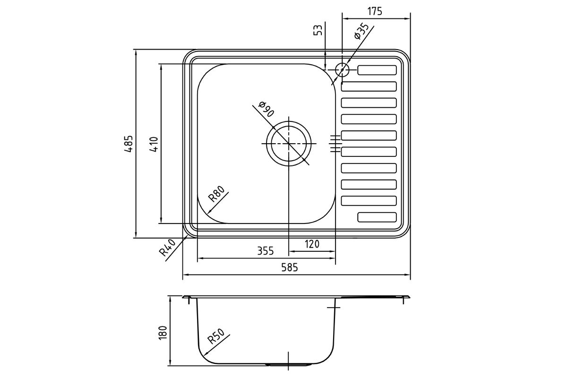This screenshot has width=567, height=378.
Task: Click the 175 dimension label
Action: (375, 11)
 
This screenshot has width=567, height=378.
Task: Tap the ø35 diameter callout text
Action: (362, 31)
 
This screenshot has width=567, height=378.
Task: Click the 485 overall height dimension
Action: (129, 144)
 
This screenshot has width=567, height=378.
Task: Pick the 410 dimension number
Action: (154, 144)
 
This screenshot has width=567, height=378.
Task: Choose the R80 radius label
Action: (216, 194)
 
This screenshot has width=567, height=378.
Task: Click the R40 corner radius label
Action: (167, 248)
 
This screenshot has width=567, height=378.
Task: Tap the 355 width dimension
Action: (266, 251)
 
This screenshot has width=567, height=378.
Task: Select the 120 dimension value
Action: (312, 244)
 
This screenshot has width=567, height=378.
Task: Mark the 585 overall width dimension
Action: (290, 267)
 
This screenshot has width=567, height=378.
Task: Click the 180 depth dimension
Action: (163, 333)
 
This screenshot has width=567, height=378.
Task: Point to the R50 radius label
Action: (216, 336)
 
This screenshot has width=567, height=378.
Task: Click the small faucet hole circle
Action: (342, 69)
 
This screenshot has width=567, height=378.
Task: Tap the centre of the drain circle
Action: (289, 144)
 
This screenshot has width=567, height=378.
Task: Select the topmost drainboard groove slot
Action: (377, 70)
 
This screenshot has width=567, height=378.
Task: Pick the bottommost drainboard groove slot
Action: (377, 217)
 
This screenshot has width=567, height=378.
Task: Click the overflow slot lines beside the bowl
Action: (335, 144)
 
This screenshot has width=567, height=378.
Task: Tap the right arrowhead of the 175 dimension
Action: (407, 18)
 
